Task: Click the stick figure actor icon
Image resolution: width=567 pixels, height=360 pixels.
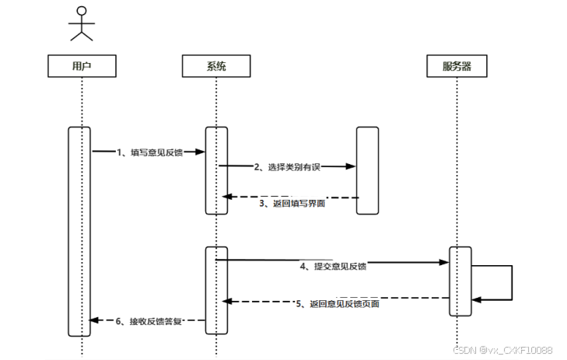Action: [x=82, y=23]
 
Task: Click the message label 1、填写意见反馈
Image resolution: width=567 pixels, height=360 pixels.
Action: [x=149, y=152]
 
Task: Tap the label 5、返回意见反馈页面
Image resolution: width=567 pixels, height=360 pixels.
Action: [x=338, y=303]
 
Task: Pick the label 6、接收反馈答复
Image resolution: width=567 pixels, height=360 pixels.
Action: [x=149, y=320]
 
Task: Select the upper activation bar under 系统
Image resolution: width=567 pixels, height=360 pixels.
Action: [x=216, y=170]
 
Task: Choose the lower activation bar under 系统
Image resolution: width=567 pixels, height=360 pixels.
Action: [x=216, y=290]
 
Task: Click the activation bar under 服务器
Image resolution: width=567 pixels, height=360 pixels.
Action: [x=460, y=281]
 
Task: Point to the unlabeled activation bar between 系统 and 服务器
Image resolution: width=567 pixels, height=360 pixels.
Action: [x=367, y=170]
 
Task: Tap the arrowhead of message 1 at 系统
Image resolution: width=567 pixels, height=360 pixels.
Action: [x=201, y=152]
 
